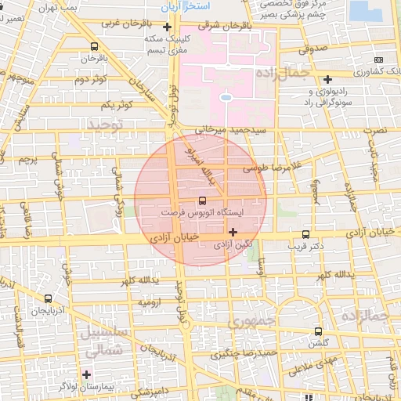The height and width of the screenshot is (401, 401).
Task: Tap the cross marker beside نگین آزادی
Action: coord(233,232)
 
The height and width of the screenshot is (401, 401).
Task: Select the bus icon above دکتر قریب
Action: coord(305,234)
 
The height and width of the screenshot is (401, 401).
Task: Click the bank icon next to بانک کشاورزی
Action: coord(379,60)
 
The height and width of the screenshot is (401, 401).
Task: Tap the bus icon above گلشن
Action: coord(317,331)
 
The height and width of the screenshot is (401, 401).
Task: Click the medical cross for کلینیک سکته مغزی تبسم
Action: coord(166,27)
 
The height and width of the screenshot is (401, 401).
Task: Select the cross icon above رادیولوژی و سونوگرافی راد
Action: coord(327,78)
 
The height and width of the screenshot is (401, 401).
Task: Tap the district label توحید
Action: coord(106,125)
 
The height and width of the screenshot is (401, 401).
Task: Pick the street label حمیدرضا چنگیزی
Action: coord(243,355)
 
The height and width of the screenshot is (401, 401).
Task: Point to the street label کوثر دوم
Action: coord(91,79)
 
